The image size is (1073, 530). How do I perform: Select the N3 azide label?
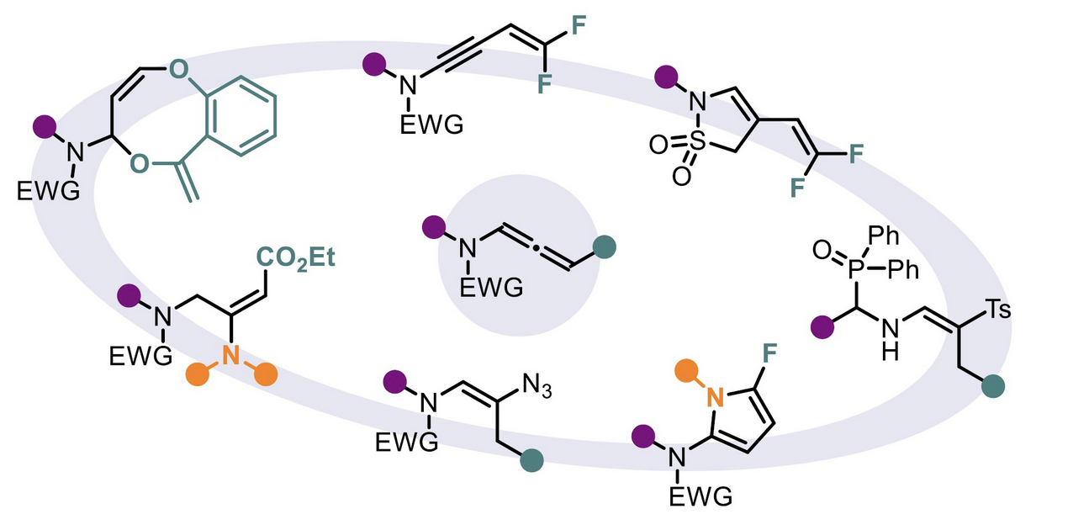click(x=536, y=386)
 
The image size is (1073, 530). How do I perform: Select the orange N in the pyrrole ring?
click(x=714, y=395)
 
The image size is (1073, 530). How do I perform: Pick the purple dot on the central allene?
click(x=434, y=225)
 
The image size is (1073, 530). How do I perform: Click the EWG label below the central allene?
click(x=491, y=289)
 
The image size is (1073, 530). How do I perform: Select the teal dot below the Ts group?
click(x=995, y=385)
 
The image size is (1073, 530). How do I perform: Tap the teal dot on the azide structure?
click(x=531, y=460)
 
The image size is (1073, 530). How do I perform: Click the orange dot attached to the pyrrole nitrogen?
click(x=685, y=370)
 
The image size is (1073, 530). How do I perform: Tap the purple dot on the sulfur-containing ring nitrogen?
click(x=667, y=77)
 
